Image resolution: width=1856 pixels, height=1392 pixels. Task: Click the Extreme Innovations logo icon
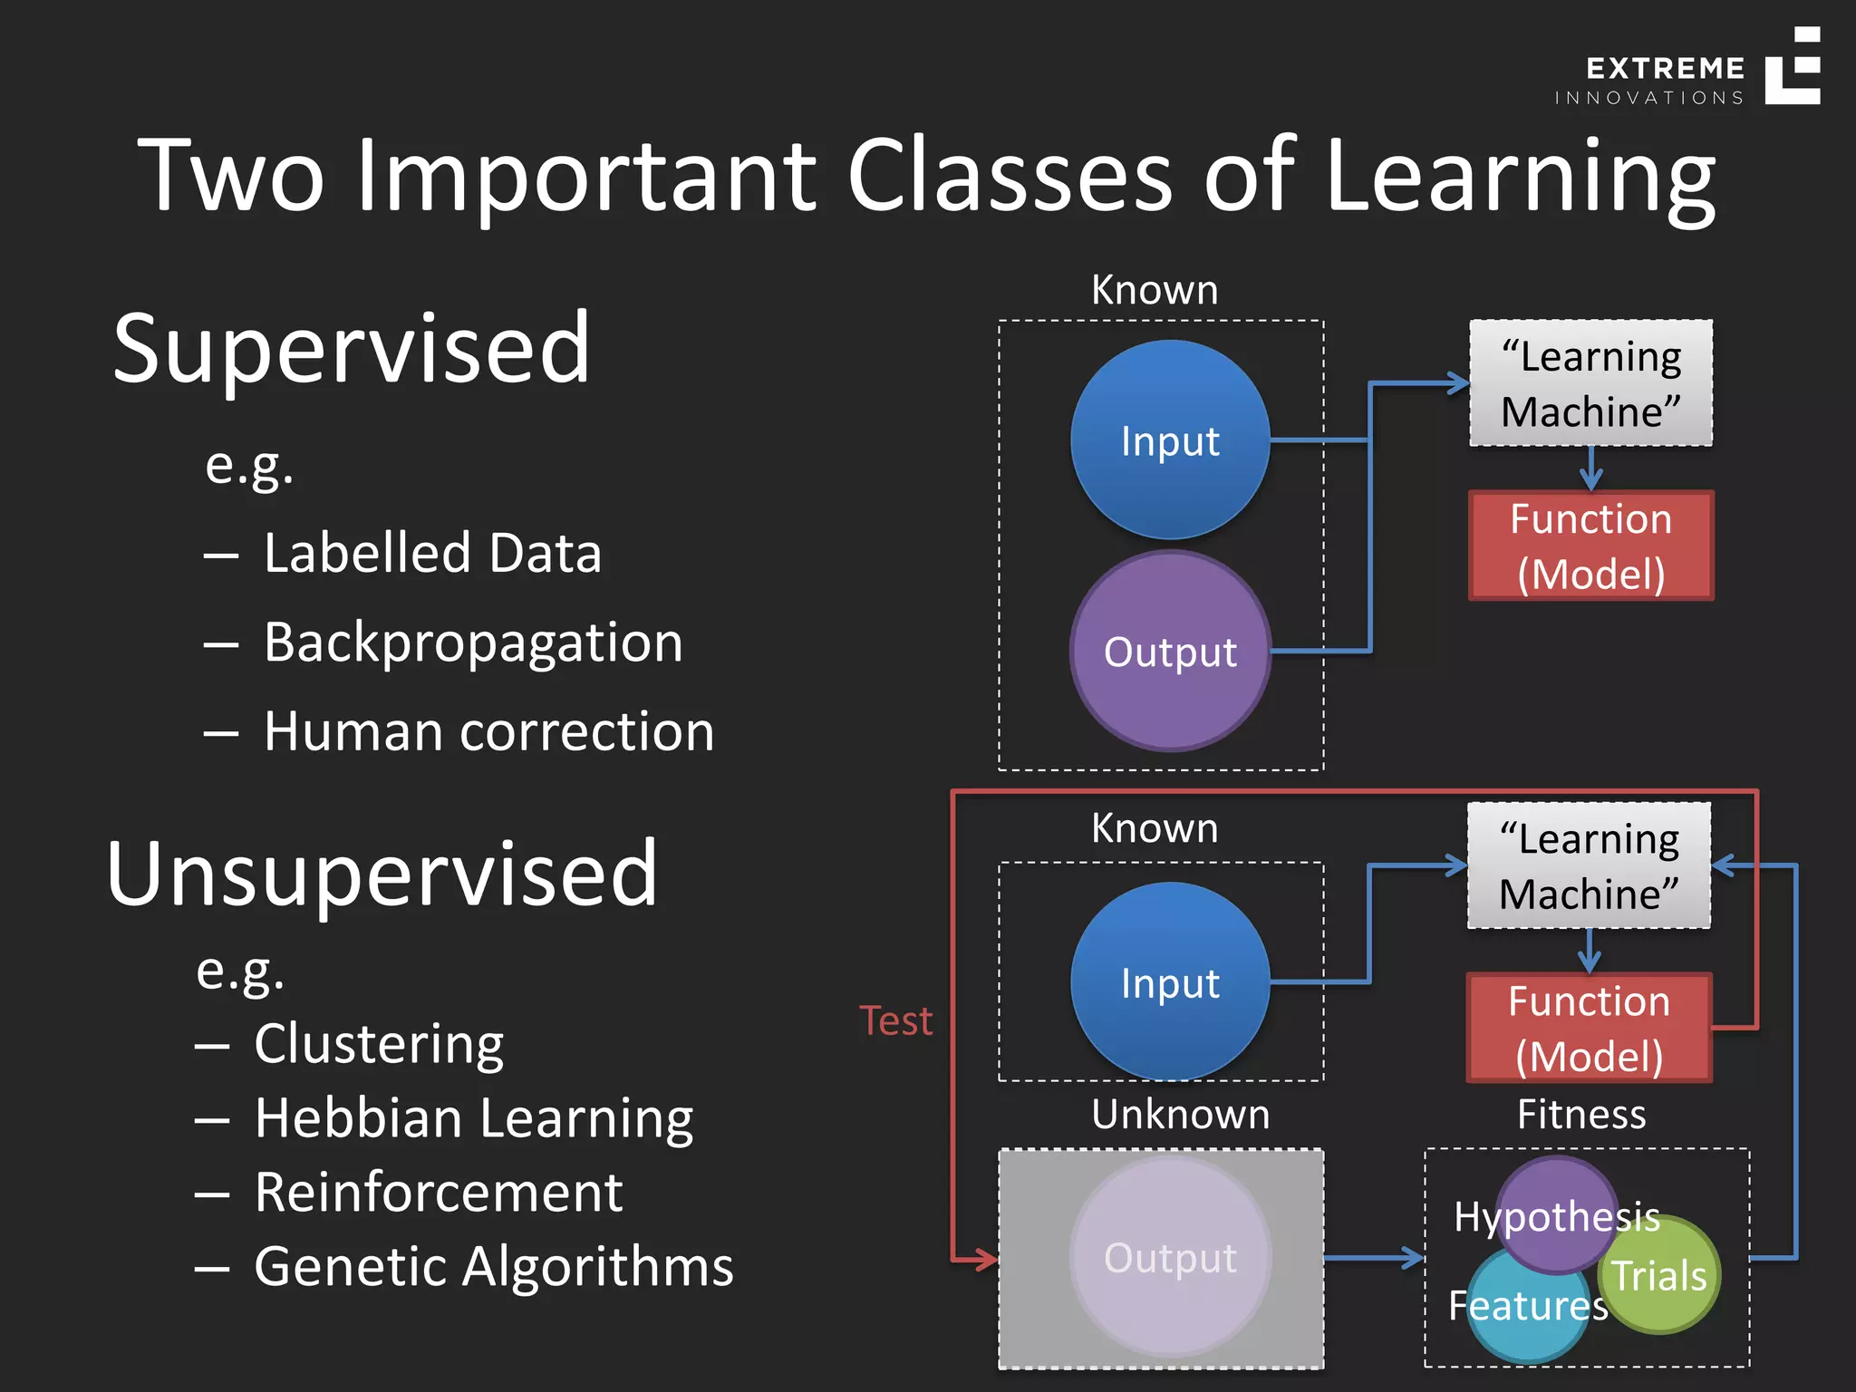pyautogui.click(x=1792, y=66)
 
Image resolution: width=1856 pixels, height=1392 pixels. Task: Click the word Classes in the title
pyautogui.click(x=1009, y=175)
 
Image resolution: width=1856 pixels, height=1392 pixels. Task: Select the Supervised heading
pyautogui.click(x=352, y=349)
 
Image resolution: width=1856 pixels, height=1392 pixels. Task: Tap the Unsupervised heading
pyautogui.click(x=382, y=874)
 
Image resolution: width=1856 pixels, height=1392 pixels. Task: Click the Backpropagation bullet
pyautogui.click(x=472, y=643)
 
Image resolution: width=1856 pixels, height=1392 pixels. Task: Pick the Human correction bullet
pyautogui.click(x=488, y=731)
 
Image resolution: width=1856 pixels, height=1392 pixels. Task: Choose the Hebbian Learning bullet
pyautogui.click(x=473, y=1118)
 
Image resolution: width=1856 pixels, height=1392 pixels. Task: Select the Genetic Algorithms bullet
pyautogui.click(x=493, y=1267)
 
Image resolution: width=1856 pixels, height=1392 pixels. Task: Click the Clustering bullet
pyautogui.click(x=378, y=1044)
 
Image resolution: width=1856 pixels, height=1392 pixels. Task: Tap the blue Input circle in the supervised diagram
pyautogui.click(x=1170, y=440)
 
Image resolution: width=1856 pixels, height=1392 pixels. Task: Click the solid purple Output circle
pyautogui.click(x=1170, y=652)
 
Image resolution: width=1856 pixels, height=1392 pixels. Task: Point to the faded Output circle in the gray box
pyautogui.click(x=1170, y=1258)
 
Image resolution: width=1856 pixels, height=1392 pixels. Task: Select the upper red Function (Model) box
pyautogui.click(x=1590, y=546)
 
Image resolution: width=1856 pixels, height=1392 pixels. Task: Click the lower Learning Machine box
pyautogui.click(x=1589, y=866)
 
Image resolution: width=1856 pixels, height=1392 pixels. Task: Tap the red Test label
pyautogui.click(x=895, y=1021)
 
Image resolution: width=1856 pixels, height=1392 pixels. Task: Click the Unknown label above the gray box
pyautogui.click(x=1180, y=1115)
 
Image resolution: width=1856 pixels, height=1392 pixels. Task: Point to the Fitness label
pyautogui.click(x=1581, y=1115)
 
